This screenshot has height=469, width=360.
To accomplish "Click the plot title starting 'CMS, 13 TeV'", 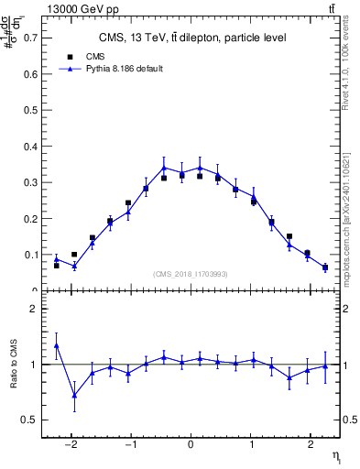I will click(x=191, y=38).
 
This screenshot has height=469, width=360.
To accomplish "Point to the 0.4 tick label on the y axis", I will click(x=31, y=147).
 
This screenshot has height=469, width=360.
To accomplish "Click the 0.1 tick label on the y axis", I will click(x=31, y=255).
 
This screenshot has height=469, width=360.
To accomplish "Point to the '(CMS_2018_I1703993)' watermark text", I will click(x=191, y=274).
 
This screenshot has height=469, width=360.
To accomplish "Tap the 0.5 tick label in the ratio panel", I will click(x=31, y=420).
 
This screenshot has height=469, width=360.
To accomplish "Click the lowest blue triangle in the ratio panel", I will click(x=74, y=396).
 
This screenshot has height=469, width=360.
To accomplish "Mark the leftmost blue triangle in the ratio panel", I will click(x=57, y=345).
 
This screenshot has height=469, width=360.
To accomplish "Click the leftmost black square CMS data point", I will click(x=57, y=266).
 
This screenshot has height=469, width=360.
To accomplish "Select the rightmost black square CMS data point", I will click(x=325, y=267).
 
